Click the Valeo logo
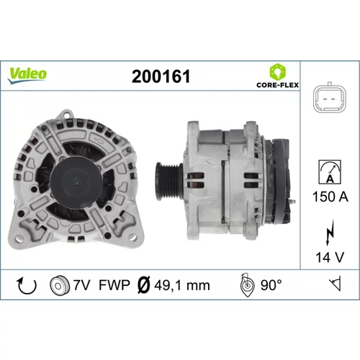click(x=27, y=76)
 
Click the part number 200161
click(x=161, y=76)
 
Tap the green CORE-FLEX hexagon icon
click(x=278, y=72)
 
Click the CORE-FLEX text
click(x=278, y=85)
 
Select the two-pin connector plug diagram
click(x=330, y=98)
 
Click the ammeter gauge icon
click(x=330, y=172)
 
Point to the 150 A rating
click(x=330, y=197)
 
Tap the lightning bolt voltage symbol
click(x=330, y=233)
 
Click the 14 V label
click(x=330, y=257)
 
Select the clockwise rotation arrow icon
click(x=27, y=286)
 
